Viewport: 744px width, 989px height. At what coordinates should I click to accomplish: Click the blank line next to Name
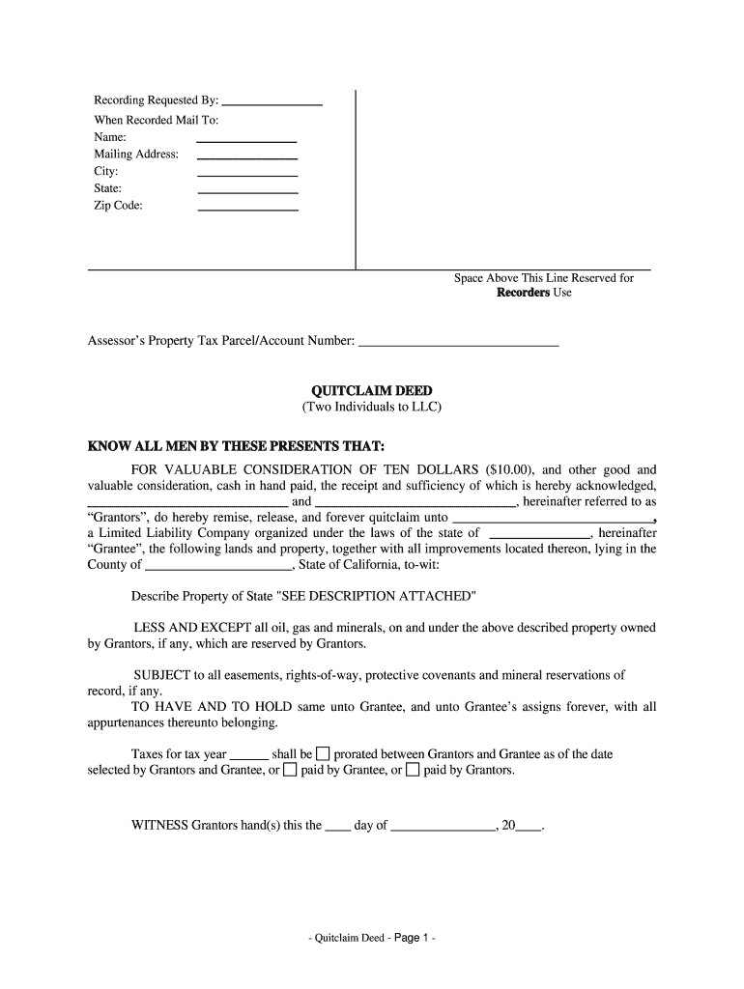(x=246, y=140)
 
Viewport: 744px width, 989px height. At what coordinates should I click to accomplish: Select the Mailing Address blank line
(x=246, y=156)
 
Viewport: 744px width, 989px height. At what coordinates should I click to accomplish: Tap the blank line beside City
(x=246, y=174)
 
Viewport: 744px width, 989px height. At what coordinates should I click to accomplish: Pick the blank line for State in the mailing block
(x=246, y=191)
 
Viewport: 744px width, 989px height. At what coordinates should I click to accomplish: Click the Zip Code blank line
(x=246, y=208)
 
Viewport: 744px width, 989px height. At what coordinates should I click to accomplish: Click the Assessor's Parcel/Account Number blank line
(x=458, y=343)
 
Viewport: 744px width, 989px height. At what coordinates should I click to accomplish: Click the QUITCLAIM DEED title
(x=372, y=390)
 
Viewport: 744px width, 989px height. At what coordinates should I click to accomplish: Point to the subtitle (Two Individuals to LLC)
(x=372, y=408)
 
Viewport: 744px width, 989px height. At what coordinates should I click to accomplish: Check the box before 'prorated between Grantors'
(x=324, y=753)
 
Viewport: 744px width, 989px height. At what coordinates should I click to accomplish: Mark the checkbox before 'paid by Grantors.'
(x=413, y=771)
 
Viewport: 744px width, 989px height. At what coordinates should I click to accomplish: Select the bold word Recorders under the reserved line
(x=523, y=293)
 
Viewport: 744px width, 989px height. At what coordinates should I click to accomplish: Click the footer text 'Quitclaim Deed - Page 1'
(x=372, y=938)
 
